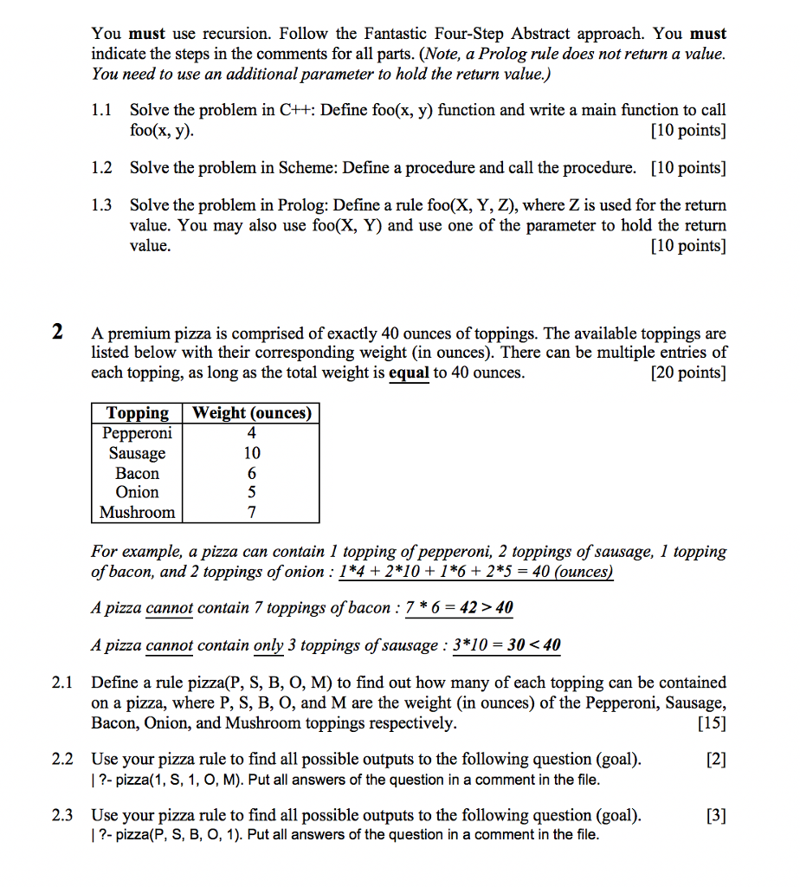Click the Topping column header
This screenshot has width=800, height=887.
tap(137, 413)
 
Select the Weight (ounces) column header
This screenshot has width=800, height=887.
tap(251, 413)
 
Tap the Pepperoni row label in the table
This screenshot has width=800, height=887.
tap(137, 433)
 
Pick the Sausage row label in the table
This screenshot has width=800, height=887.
tap(137, 453)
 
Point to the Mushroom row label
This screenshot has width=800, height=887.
tap(137, 512)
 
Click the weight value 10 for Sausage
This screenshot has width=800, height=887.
tap(252, 453)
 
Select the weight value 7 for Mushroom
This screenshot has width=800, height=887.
tap(252, 512)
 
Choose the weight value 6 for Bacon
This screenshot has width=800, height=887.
tap(252, 473)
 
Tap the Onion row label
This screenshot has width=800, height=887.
tap(137, 492)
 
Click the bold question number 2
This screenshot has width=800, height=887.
tap(57, 332)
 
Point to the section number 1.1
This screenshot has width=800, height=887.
tap(102, 110)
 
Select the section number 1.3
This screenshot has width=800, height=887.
tap(102, 205)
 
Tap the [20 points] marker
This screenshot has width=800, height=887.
tap(688, 373)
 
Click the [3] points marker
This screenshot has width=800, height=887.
tap(716, 815)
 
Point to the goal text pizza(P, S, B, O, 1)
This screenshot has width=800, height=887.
tap(173, 835)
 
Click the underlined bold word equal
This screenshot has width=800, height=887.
tap(409, 373)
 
